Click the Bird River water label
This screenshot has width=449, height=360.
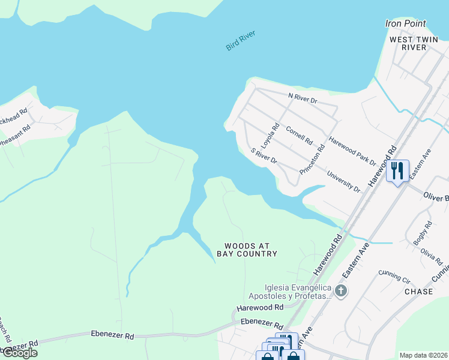tap(241, 40)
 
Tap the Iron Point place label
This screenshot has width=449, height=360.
tap(405, 24)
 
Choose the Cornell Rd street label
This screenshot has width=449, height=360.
tap(299, 136)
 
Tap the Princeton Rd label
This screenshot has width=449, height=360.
tap(314, 158)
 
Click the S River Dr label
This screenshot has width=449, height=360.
tap(264, 156)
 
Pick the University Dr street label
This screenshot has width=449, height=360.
tap(343, 182)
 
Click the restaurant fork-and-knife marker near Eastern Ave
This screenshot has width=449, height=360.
tap(397, 171)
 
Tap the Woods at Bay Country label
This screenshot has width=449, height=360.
tap(251, 250)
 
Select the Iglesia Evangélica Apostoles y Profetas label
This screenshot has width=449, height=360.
tap(291, 291)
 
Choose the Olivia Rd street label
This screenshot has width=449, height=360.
tap(432, 256)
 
